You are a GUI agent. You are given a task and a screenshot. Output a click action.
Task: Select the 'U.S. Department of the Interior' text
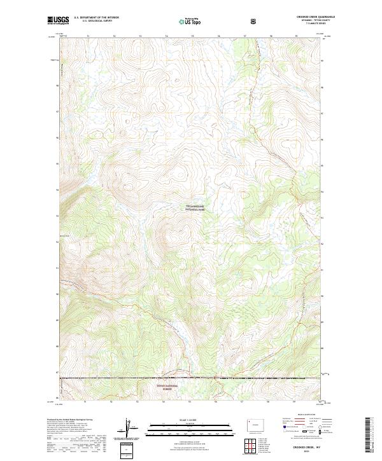click(x=95, y=17)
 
